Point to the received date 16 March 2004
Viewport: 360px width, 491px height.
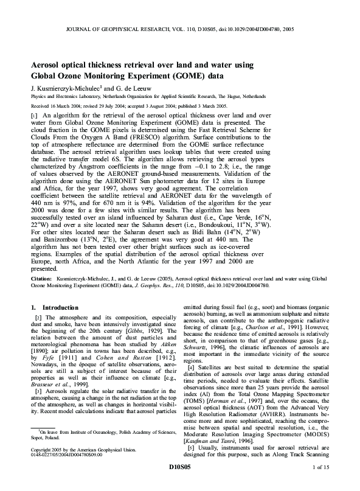[x=63, y=105]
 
